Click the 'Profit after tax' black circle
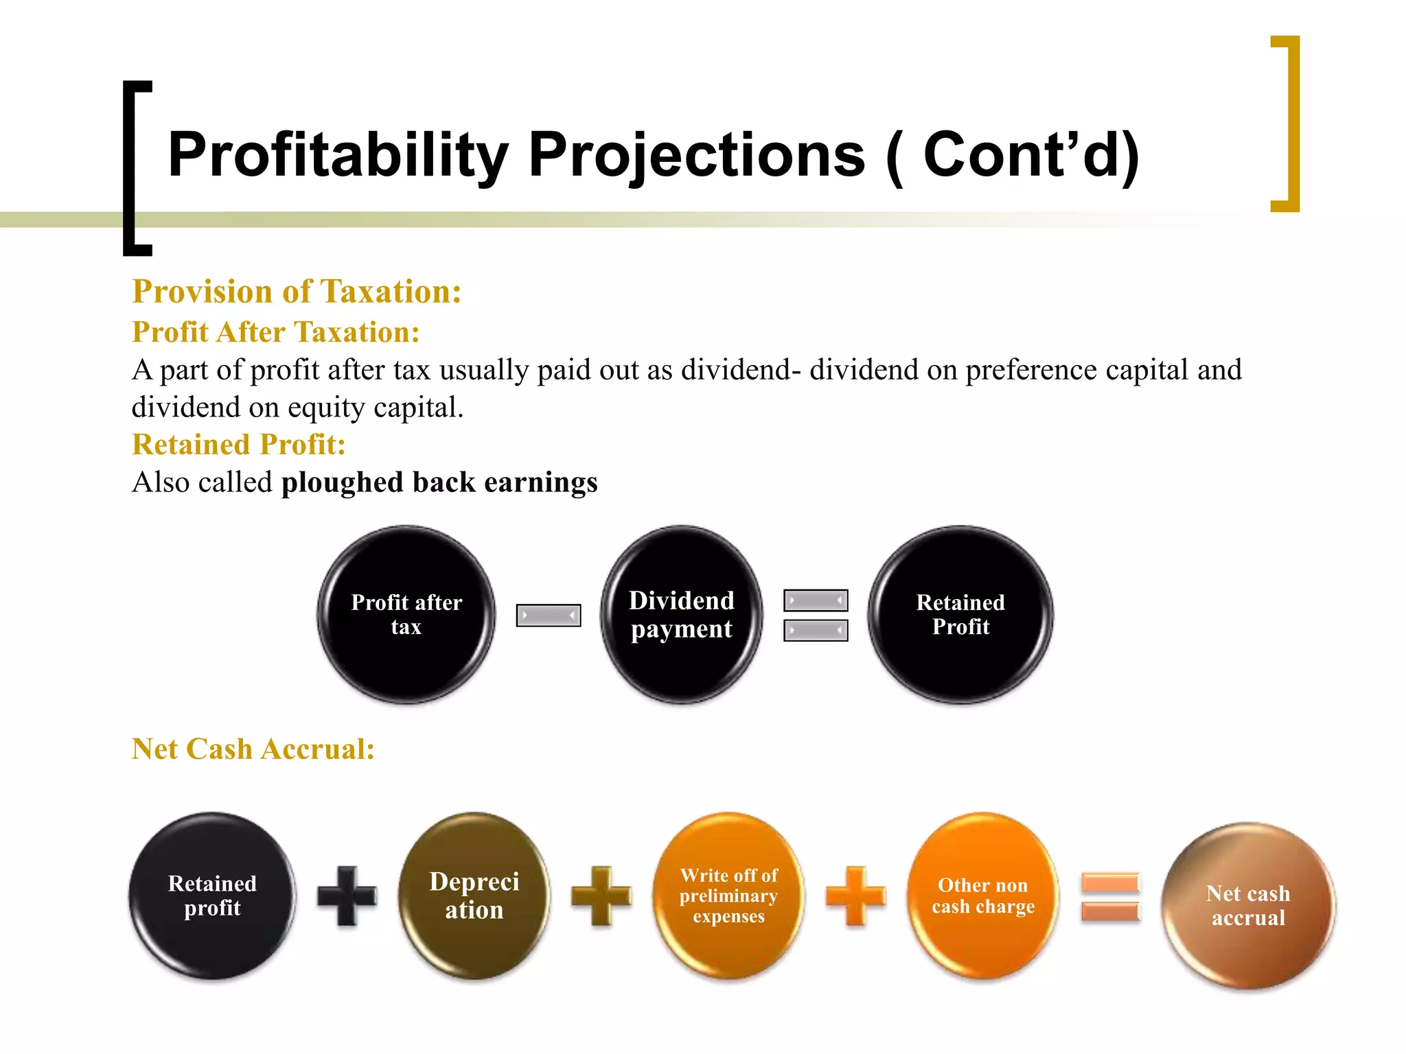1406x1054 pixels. click(x=406, y=615)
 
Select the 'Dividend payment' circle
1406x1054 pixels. click(x=682, y=615)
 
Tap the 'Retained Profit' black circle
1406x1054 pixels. click(x=960, y=615)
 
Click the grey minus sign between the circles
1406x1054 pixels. click(x=549, y=616)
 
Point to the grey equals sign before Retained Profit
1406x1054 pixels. click(x=816, y=616)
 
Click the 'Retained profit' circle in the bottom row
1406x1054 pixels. click(x=212, y=896)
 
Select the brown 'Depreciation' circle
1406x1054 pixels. click(x=474, y=896)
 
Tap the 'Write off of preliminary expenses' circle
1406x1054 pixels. click(x=729, y=896)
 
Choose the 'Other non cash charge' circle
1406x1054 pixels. click(x=983, y=896)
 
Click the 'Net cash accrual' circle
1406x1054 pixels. click(x=1248, y=906)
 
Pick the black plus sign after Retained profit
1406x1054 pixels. click(x=347, y=895)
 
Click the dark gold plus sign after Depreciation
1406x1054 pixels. click(x=601, y=895)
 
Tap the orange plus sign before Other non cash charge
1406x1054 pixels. click(x=855, y=895)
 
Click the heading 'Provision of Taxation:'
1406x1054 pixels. click(x=297, y=292)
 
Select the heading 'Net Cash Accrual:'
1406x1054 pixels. click(x=253, y=749)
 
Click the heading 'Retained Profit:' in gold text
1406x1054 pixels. click(x=238, y=445)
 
